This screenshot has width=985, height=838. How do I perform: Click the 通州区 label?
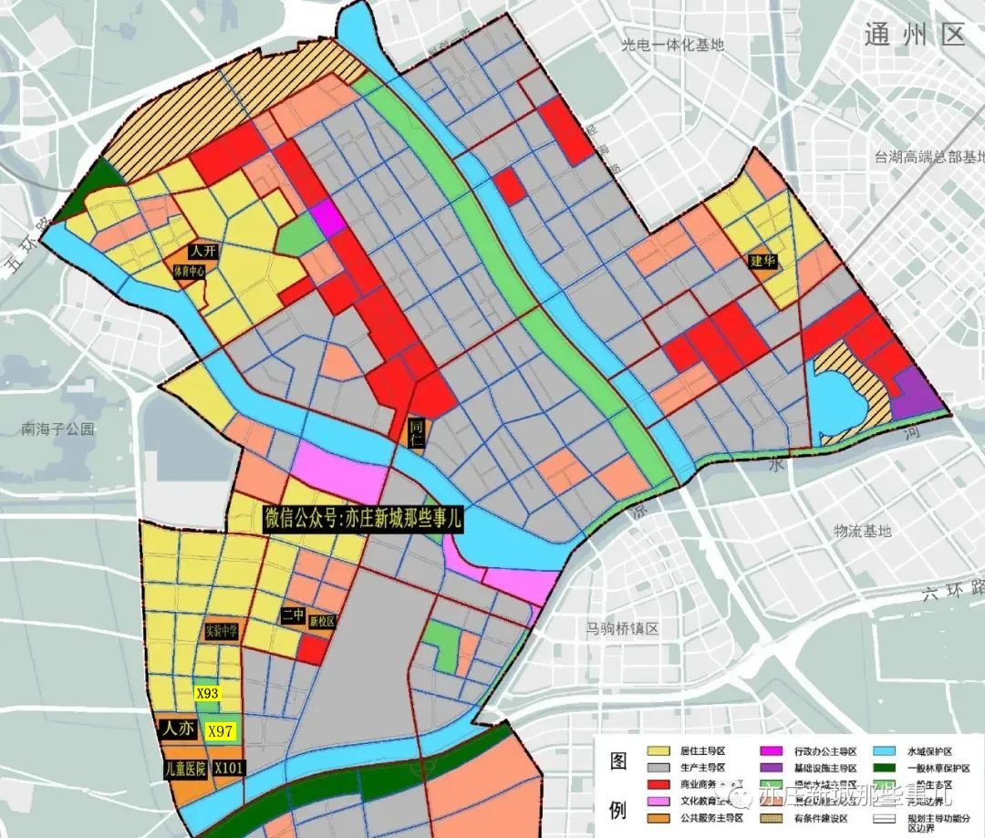pyautogui.click(x=914, y=35)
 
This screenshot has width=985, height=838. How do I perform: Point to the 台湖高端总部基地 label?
pyautogui.click(x=928, y=156)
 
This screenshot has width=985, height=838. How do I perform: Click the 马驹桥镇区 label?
pyautogui.click(x=623, y=628)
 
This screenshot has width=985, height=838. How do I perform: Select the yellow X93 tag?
pyautogui.click(x=208, y=693)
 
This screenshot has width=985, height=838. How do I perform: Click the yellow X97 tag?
pyautogui.click(x=222, y=730)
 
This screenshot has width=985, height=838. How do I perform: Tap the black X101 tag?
pyautogui.click(x=228, y=768)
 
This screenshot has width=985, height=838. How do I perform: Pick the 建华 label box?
pyautogui.click(x=762, y=261)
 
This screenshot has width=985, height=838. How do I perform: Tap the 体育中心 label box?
pyautogui.click(x=189, y=271)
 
